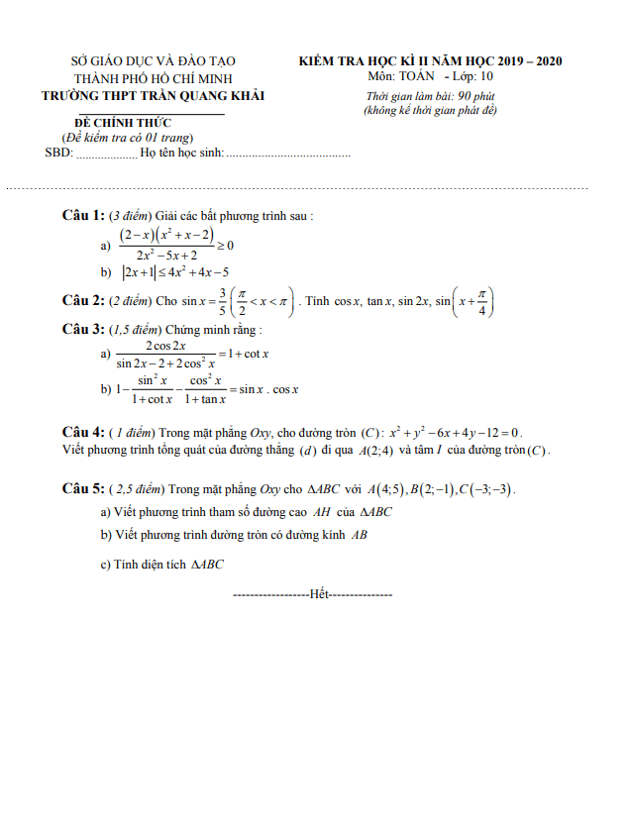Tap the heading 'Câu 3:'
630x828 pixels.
(x=83, y=328)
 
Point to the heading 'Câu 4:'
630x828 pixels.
(x=83, y=432)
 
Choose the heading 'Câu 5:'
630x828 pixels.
(x=83, y=488)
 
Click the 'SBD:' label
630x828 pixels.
(x=58, y=154)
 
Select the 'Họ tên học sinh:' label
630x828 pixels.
(x=182, y=154)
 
